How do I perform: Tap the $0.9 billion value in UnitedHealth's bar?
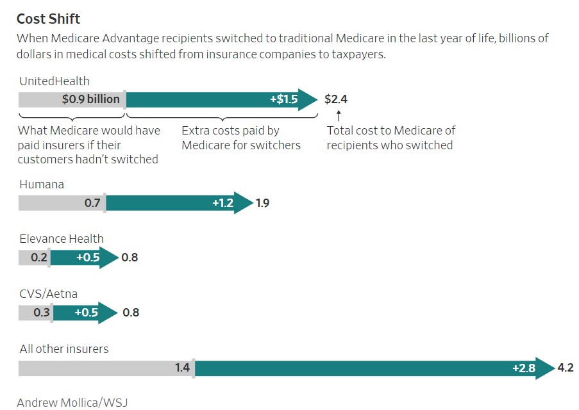[x=90, y=99]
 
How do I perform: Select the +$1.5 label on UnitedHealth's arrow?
[x=283, y=99]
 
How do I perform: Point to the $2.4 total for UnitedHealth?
[x=336, y=99]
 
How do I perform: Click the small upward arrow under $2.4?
[x=339, y=115]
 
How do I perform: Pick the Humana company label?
[x=42, y=184]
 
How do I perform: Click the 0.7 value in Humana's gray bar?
[x=92, y=203]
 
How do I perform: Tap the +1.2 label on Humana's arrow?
[x=222, y=203]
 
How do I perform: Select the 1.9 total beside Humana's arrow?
[x=262, y=203]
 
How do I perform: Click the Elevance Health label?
[x=62, y=238]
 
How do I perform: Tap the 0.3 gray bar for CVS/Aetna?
[x=35, y=313]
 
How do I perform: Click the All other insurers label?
[x=64, y=349]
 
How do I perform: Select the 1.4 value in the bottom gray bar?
[x=182, y=368]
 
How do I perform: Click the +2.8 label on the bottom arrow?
[x=524, y=368]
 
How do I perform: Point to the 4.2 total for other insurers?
[x=566, y=368]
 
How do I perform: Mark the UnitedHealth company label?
[x=55, y=81]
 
